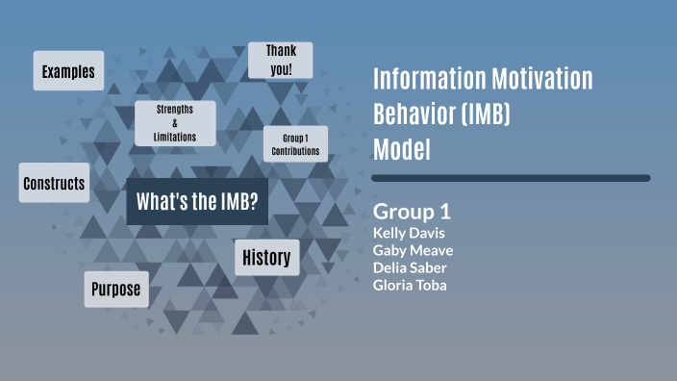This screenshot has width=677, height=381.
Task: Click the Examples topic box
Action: pyautogui.click(x=68, y=71)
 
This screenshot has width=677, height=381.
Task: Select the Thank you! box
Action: pyautogui.click(x=280, y=60)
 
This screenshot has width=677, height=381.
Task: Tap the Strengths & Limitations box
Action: pyautogui.click(x=175, y=123)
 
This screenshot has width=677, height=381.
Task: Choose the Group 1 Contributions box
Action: pyautogui.click(x=296, y=144)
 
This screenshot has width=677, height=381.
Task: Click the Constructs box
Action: pyautogui.click(x=54, y=183)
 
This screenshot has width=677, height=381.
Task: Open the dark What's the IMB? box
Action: pyautogui.click(x=196, y=201)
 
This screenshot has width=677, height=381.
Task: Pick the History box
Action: pyautogui.click(x=266, y=258)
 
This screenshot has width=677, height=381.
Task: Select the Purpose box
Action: pyautogui.click(x=116, y=289)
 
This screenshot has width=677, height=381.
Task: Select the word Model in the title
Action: pyautogui.click(x=401, y=150)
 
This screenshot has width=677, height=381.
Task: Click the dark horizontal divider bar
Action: pyautogui.click(x=511, y=178)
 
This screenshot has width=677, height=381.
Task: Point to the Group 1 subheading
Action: pyautogui.click(x=412, y=212)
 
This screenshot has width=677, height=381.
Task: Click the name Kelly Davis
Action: pyautogui.click(x=409, y=233)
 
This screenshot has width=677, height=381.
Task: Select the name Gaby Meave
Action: pyautogui.click(x=413, y=250)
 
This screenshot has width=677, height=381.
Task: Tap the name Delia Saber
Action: pyautogui.click(x=409, y=267)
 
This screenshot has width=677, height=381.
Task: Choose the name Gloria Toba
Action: pyautogui.click(x=411, y=285)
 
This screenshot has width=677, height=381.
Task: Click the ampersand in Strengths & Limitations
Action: pyautogui.click(x=175, y=123)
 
